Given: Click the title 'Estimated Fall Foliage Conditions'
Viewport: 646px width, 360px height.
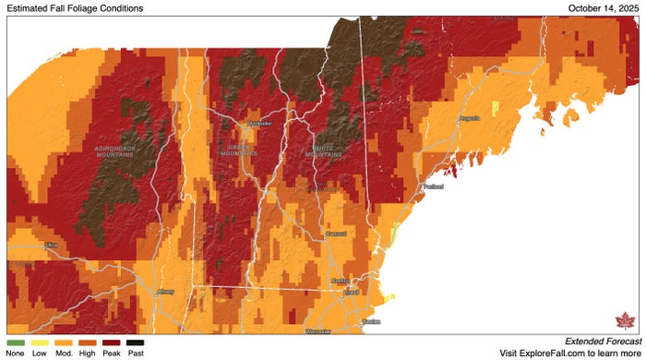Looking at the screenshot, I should coord(75,8).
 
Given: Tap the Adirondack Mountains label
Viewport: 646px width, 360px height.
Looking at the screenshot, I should coord(114,150).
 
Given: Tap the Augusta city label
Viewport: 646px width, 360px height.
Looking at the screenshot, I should coord(470,119).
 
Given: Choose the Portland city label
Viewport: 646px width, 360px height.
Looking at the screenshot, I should coord(433,186).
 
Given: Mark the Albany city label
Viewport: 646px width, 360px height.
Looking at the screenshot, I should coord(166,292).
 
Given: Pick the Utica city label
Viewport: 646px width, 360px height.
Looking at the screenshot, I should coord(51,246).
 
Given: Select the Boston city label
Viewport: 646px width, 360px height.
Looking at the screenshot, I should coord(371,321).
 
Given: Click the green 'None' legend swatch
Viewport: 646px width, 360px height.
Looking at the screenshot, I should coord(15,342).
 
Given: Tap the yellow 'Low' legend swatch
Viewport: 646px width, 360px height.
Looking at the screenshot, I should coord(40,342).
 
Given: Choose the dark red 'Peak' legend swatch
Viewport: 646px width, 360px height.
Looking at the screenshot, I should coord(112,342).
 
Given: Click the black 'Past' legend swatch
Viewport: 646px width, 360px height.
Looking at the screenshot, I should coord(136,342).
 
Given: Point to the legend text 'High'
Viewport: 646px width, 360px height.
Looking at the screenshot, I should coord(88,353).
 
